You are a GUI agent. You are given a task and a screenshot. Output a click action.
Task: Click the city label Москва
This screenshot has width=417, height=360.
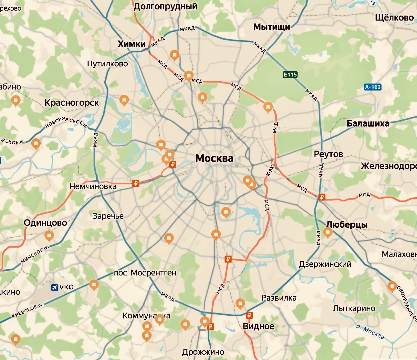pyautogui.click(x=214, y=158)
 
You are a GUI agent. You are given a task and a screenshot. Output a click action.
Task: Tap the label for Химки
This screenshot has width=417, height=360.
pyautogui.click(x=132, y=44)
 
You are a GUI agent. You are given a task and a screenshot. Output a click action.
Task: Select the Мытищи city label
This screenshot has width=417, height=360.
pyautogui.click(x=272, y=27)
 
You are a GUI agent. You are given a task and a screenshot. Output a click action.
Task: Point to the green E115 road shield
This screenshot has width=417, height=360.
pyautogui.click(x=290, y=75)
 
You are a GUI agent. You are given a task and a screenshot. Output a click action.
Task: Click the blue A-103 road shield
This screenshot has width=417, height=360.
pyautogui.click(x=373, y=87)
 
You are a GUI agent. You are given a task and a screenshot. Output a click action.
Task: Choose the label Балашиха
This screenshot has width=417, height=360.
pyautogui.click(x=368, y=124)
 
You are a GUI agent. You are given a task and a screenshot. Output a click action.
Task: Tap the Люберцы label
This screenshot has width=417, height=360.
pyautogui.click(x=347, y=225)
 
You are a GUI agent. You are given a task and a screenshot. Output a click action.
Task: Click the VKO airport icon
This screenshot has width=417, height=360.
pyautogui.click(x=54, y=287)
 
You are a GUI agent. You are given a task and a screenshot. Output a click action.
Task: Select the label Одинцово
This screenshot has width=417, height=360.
pyautogui.click(x=45, y=223)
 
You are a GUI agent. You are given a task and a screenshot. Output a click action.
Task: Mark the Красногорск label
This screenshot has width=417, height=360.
pyautogui.click(x=72, y=103)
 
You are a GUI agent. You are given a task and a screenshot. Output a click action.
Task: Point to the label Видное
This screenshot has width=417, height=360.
pyautogui.click(x=258, y=326)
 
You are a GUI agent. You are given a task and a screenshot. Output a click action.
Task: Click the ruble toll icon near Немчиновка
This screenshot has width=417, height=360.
pyautogui.click(x=135, y=183)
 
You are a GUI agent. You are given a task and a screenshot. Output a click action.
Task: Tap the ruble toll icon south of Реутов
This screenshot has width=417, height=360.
pyautogui.click(x=321, y=197)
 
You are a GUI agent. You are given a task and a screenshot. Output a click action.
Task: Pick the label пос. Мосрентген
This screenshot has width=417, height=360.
pyautogui.click(x=145, y=273)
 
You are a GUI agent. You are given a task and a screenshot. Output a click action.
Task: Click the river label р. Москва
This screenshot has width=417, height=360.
pyautogui.click(x=370, y=332)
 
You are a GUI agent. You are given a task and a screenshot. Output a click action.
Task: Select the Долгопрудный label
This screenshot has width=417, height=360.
pyautogui.click(x=165, y=6)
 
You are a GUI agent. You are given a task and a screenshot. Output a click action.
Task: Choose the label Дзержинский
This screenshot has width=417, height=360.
pyautogui.click(x=325, y=264)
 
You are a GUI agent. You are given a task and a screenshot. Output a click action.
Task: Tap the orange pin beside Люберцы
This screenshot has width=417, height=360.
pyautogui.click(x=328, y=232)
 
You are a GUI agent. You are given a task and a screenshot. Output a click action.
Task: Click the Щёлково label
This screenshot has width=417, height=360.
pyautogui.click(x=394, y=18)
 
